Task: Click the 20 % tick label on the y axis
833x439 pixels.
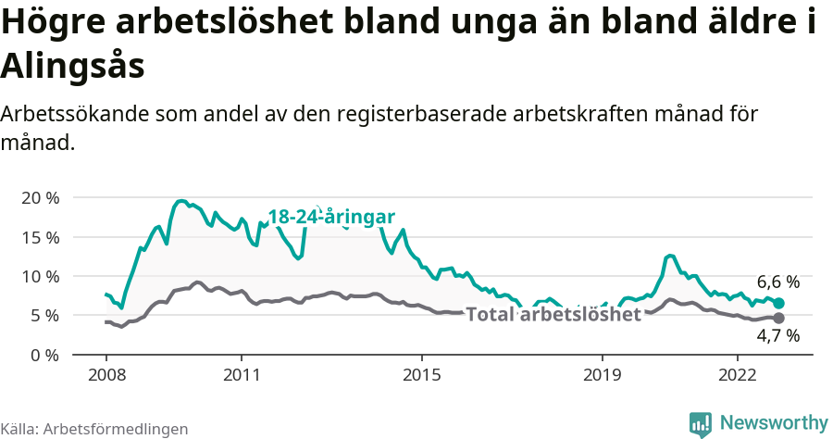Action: [39, 198]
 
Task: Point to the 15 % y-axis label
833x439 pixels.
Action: [39, 237]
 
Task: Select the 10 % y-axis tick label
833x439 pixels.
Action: [39, 276]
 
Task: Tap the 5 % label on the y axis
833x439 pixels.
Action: [44, 315]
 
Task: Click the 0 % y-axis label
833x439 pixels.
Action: [44, 355]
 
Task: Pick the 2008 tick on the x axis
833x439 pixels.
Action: [106, 376]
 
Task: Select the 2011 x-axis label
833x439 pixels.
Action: [242, 376]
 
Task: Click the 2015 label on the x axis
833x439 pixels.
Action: [422, 376]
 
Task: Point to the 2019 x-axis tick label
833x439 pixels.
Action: [603, 376]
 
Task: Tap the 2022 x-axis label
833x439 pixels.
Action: [738, 376]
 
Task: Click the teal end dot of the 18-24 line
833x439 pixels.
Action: [779, 303]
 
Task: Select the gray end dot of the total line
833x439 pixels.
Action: [779, 318]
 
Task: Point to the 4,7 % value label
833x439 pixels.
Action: [778, 336]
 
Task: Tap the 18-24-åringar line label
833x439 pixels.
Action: [331, 217]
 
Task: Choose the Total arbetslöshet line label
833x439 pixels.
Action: [553, 315]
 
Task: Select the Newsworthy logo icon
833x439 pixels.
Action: [701, 423]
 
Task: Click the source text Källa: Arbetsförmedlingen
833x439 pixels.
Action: [94, 429]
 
